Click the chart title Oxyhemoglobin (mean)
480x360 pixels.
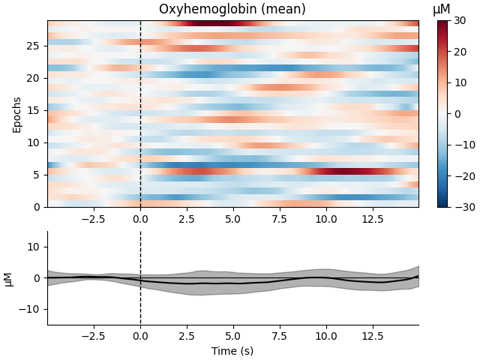click(x=232, y=10)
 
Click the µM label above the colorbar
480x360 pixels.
click(x=442, y=10)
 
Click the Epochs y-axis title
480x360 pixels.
click(x=17, y=114)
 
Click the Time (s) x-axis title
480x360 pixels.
click(x=232, y=351)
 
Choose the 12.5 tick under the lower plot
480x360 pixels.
click(x=372, y=337)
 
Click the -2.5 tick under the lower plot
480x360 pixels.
click(x=94, y=337)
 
